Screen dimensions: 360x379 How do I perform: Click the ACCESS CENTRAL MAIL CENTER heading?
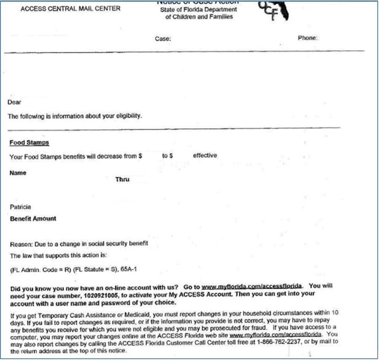(70, 9)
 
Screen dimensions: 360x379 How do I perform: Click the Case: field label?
(163, 39)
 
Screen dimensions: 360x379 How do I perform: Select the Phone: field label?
(307, 38)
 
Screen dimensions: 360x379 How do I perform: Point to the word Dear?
(14, 103)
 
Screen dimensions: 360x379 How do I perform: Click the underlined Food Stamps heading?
(29, 143)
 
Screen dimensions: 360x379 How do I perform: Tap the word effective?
(205, 156)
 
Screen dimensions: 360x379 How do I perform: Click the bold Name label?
(17, 173)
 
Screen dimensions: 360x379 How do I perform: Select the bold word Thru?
(122, 180)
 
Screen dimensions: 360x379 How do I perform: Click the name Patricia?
(20, 207)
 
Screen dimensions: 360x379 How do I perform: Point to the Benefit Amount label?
(33, 219)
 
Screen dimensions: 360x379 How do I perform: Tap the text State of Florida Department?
(198, 10)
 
